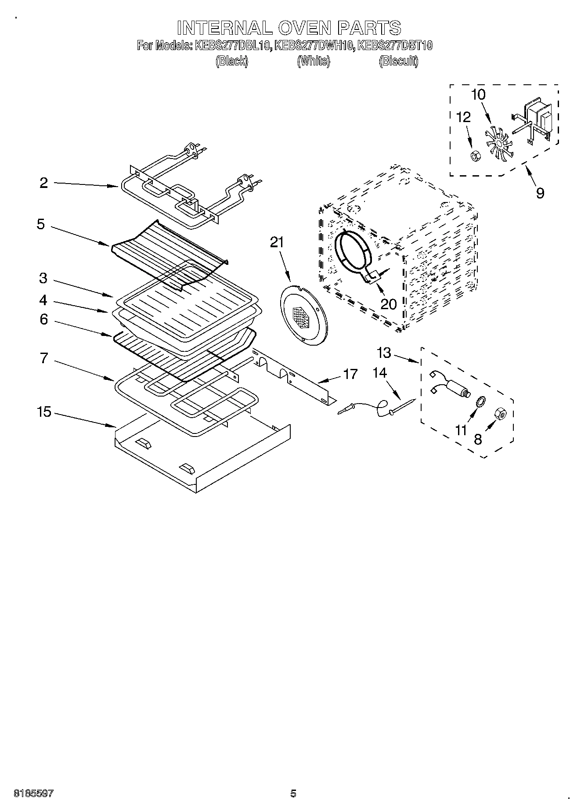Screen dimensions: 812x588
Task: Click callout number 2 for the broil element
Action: click(43, 183)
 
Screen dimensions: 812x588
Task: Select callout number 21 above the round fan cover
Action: click(277, 242)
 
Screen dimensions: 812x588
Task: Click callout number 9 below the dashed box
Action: click(540, 192)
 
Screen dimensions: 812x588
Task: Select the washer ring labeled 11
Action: click(480, 401)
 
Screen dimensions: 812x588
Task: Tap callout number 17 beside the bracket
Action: click(350, 374)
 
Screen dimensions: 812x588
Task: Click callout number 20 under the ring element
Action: click(389, 303)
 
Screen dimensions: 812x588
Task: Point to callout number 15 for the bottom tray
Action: click(44, 412)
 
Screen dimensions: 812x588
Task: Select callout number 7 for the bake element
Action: click(43, 358)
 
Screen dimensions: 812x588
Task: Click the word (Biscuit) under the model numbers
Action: click(398, 61)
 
